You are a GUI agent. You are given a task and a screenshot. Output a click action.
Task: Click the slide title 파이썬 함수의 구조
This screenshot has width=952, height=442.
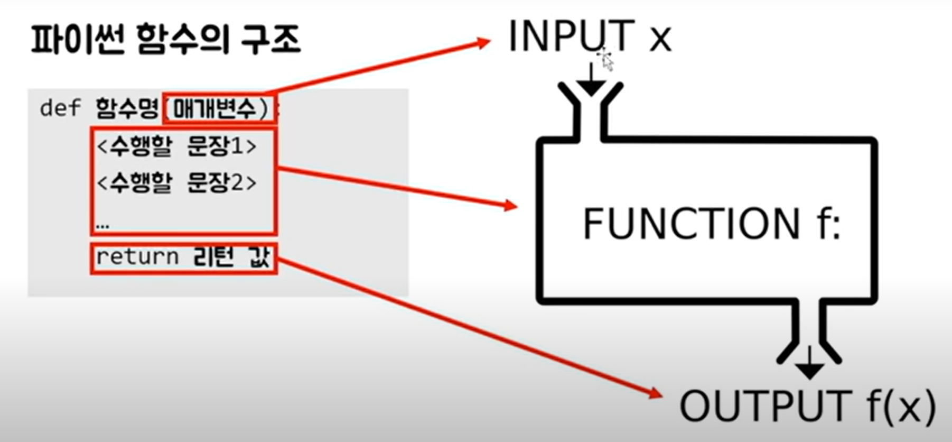(x=165, y=40)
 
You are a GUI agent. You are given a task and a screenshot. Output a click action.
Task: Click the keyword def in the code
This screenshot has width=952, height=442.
(x=60, y=108)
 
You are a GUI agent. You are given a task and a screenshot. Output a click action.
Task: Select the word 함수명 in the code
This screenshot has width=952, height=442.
(x=127, y=108)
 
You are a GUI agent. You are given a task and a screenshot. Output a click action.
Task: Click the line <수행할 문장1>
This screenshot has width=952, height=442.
(x=176, y=146)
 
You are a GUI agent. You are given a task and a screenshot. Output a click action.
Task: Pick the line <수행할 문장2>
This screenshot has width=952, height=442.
(x=176, y=182)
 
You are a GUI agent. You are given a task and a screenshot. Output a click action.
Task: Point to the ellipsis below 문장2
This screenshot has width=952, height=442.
(x=102, y=226)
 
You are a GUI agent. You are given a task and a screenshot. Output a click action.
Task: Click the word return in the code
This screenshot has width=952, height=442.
(x=137, y=257)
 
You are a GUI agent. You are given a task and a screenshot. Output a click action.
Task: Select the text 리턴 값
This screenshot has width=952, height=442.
(x=231, y=257)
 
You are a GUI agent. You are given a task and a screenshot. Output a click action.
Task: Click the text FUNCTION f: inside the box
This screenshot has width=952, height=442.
(x=711, y=224)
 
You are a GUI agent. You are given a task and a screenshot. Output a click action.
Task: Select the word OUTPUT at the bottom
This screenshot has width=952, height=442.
(x=765, y=406)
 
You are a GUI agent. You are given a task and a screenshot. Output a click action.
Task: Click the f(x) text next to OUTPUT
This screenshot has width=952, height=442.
(x=901, y=406)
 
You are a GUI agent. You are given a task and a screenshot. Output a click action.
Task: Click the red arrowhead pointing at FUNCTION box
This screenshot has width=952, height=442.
(x=510, y=205)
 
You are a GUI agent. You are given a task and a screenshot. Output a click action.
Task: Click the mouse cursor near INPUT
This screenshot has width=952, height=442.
(x=605, y=60)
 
